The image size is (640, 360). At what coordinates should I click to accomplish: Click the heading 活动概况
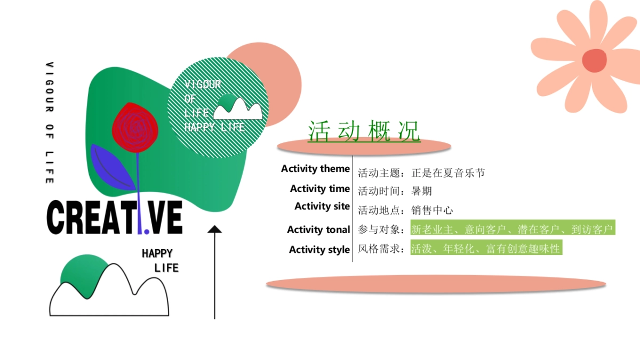point(364,131)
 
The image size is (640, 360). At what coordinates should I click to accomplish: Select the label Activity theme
point(315,169)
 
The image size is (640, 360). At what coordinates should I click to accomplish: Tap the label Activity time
point(319,189)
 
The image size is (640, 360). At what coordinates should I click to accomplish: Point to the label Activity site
point(322,206)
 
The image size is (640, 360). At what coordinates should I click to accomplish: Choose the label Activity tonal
point(318,230)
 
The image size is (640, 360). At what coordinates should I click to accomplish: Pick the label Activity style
point(319,250)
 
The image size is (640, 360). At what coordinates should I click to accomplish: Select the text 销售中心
point(432,210)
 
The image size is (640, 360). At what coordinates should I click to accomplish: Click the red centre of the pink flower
point(594,60)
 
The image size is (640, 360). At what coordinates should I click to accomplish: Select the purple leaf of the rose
point(111,166)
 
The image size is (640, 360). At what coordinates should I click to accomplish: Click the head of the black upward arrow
point(214,230)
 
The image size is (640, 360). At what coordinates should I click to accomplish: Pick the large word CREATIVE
point(115,218)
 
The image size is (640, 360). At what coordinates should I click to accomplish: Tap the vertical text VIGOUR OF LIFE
point(50,123)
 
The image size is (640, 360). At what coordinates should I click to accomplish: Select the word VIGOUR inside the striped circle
point(203,85)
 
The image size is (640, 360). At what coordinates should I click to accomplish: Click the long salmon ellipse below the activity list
point(436,284)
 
